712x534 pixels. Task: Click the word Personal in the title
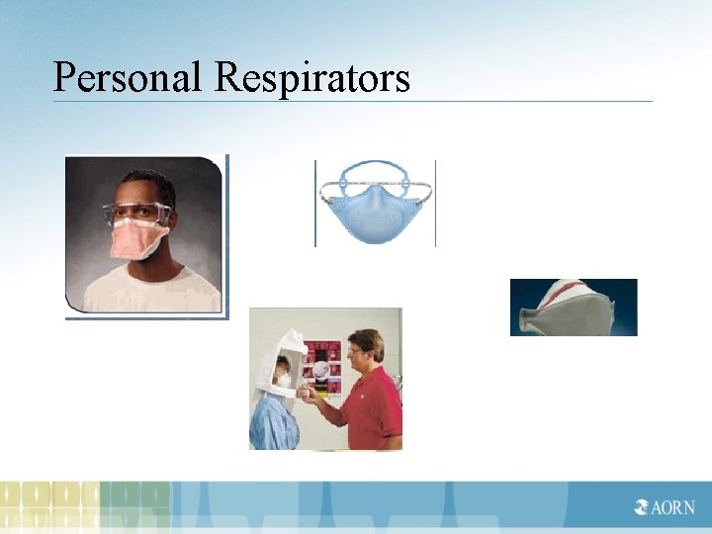click(x=130, y=77)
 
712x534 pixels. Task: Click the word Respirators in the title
click(x=311, y=77)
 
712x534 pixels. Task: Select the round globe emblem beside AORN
click(x=643, y=508)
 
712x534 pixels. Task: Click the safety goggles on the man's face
click(x=135, y=213)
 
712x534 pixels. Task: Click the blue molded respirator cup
click(x=375, y=212)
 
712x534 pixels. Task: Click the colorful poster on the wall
click(x=321, y=366)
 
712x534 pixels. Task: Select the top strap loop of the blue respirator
click(x=374, y=165)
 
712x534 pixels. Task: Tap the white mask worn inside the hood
click(x=283, y=378)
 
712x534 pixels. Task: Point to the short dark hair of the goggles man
click(x=141, y=184)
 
